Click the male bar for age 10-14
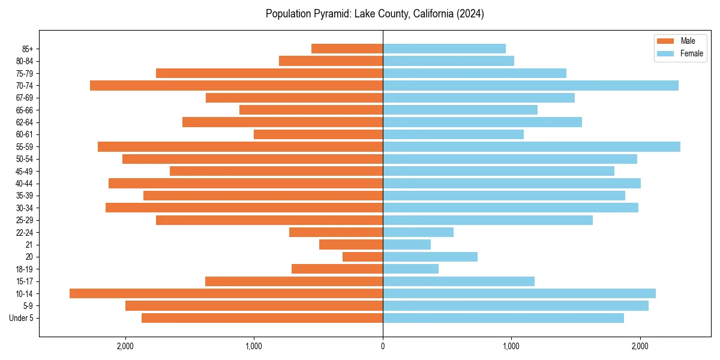click(x=226, y=293)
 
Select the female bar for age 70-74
click(x=530, y=85)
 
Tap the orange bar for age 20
click(x=362, y=257)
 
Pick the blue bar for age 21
click(x=407, y=244)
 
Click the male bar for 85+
click(x=347, y=49)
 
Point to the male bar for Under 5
click(x=262, y=318)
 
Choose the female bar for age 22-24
click(x=418, y=232)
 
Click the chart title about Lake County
click(x=375, y=14)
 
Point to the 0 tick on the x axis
click(x=383, y=346)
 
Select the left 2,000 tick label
click(x=125, y=346)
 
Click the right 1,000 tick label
click(x=511, y=346)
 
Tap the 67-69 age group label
click(x=25, y=98)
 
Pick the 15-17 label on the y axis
click(x=25, y=281)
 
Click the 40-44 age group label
click(x=25, y=184)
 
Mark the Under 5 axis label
click(x=22, y=318)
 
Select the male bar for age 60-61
click(x=318, y=134)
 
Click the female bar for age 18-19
click(x=410, y=269)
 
